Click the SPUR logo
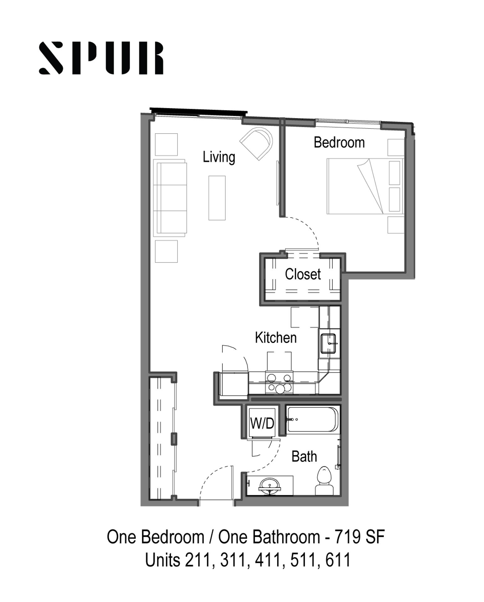101,58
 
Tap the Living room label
219,157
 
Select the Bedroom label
339,142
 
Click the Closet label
303,274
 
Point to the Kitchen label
276,338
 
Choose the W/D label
262,423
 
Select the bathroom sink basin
269,486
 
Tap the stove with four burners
279,383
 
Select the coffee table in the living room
217,198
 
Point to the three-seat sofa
170,198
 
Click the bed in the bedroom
365,186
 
